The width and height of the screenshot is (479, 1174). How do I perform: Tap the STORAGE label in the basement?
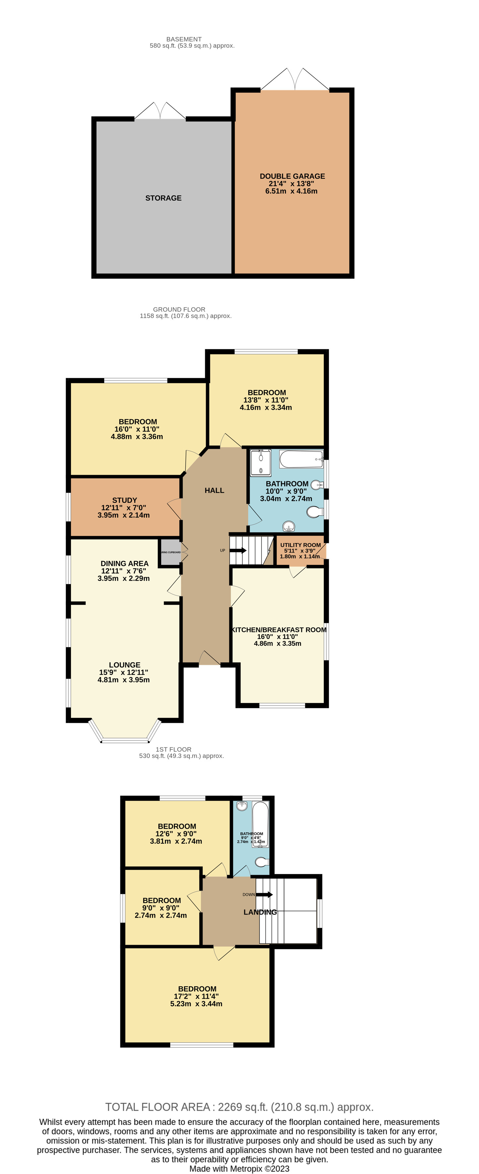coord(163,198)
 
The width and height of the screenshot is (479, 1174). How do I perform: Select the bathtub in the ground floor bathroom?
coord(301,458)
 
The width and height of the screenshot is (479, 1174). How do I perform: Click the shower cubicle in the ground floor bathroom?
coord(261,462)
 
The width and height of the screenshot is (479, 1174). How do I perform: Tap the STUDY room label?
coord(124,500)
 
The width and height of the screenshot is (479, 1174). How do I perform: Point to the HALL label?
coord(214,490)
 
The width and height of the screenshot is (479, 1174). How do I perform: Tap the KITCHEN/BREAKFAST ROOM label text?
coord(279,629)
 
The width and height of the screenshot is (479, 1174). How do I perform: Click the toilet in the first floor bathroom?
coord(261,862)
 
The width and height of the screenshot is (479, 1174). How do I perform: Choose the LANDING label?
coord(260,912)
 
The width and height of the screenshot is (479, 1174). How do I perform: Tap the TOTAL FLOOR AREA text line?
coord(239,1107)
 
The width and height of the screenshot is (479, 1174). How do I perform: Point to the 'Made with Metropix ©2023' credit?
coord(239,1168)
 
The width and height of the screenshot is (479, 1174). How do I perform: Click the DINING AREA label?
coord(124,563)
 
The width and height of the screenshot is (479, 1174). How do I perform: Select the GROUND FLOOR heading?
coord(179,309)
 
